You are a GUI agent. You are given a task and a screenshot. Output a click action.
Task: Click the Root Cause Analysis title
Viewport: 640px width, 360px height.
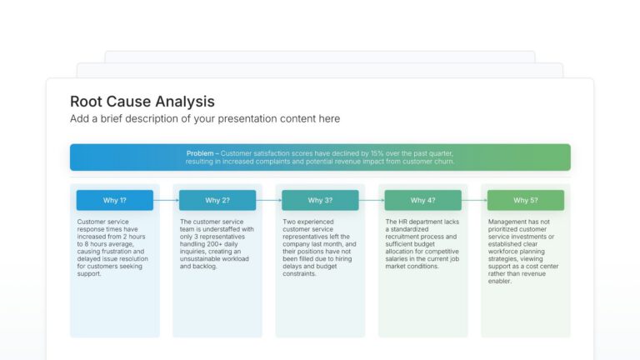click(x=142, y=102)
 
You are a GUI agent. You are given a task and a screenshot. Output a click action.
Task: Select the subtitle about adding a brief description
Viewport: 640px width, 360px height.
click(x=205, y=119)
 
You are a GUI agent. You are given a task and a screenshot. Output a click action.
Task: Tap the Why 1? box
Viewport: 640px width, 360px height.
click(x=115, y=200)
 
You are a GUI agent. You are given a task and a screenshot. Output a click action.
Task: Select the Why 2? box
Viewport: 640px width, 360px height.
click(x=217, y=200)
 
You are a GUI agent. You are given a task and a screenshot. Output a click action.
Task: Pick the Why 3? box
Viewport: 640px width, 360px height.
click(x=320, y=200)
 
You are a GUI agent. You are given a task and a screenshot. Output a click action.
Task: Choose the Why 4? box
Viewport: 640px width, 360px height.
click(x=422, y=200)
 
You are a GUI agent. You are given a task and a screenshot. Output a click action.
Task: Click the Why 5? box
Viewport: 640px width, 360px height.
click(x=525, y=200)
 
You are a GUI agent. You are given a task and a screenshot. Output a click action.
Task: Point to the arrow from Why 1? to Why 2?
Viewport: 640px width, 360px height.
click(x=166, y=200)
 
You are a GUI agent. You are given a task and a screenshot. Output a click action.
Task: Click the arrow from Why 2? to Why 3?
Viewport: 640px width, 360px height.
click(x=268, y=200)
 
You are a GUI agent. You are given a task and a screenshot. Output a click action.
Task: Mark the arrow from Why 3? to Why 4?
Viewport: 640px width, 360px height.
click(x=371, y=200)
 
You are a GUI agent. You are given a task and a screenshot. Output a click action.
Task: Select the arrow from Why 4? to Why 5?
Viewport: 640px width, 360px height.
click(x=473, y=200)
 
